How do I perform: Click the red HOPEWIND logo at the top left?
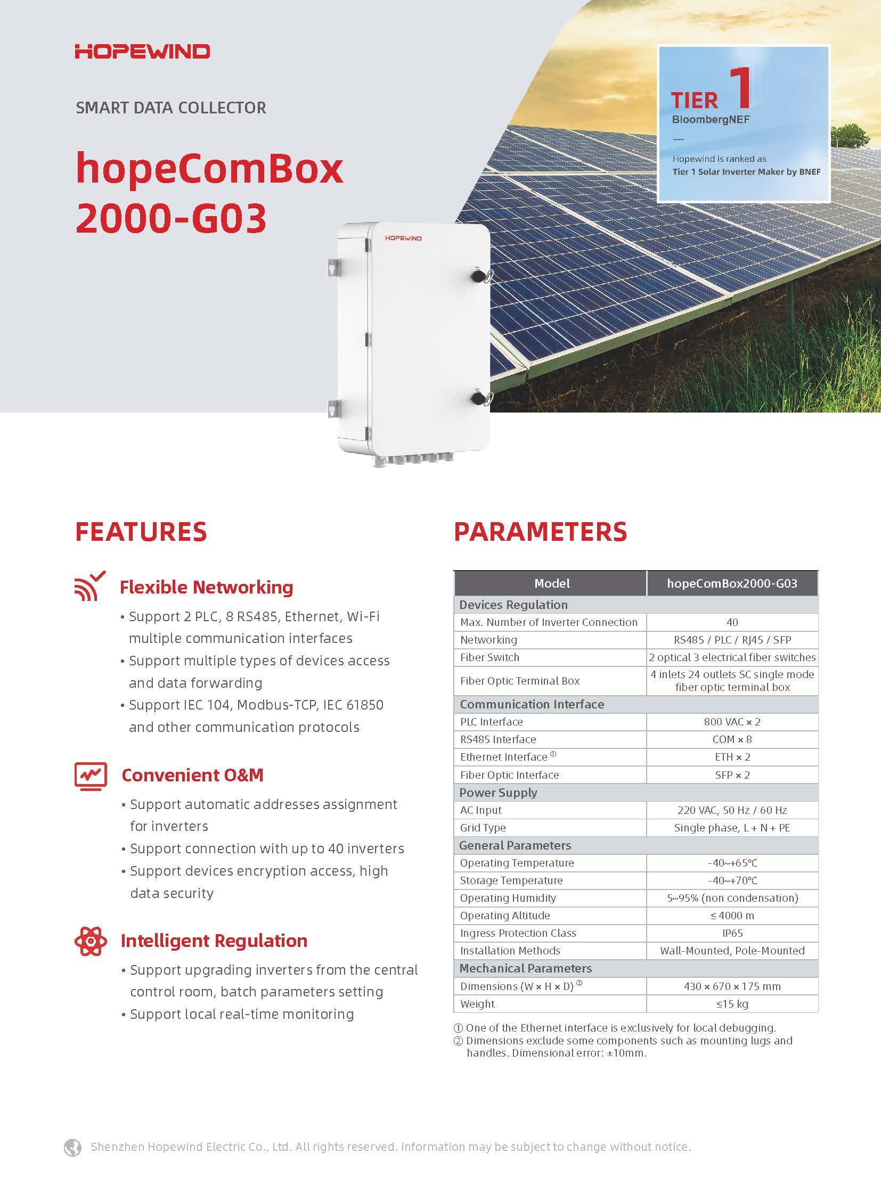tap(142, 52)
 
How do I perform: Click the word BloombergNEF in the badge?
tap(711, 119)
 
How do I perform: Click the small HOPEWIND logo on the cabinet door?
tap(403, 238)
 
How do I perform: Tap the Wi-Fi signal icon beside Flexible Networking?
tap(89, 586)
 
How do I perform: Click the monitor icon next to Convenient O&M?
tap(91, 776)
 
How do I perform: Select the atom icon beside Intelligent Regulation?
tap(91, 941)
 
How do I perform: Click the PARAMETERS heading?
tap(540, 532)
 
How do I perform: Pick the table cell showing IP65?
tap(732, 933)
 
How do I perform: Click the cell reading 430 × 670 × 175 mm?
tap(732, 986)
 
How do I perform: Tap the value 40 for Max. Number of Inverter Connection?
tap(732, 622)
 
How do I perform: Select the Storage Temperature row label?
tap(511, 880)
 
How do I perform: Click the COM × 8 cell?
tap(732, 739)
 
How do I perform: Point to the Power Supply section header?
tap(498, 793)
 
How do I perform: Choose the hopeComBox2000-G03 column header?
tap(732, 583)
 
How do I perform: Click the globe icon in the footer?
tap(72, 1147)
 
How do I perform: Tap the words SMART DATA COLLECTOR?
tap(170, 108)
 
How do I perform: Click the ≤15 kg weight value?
tap(732, 1004)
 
